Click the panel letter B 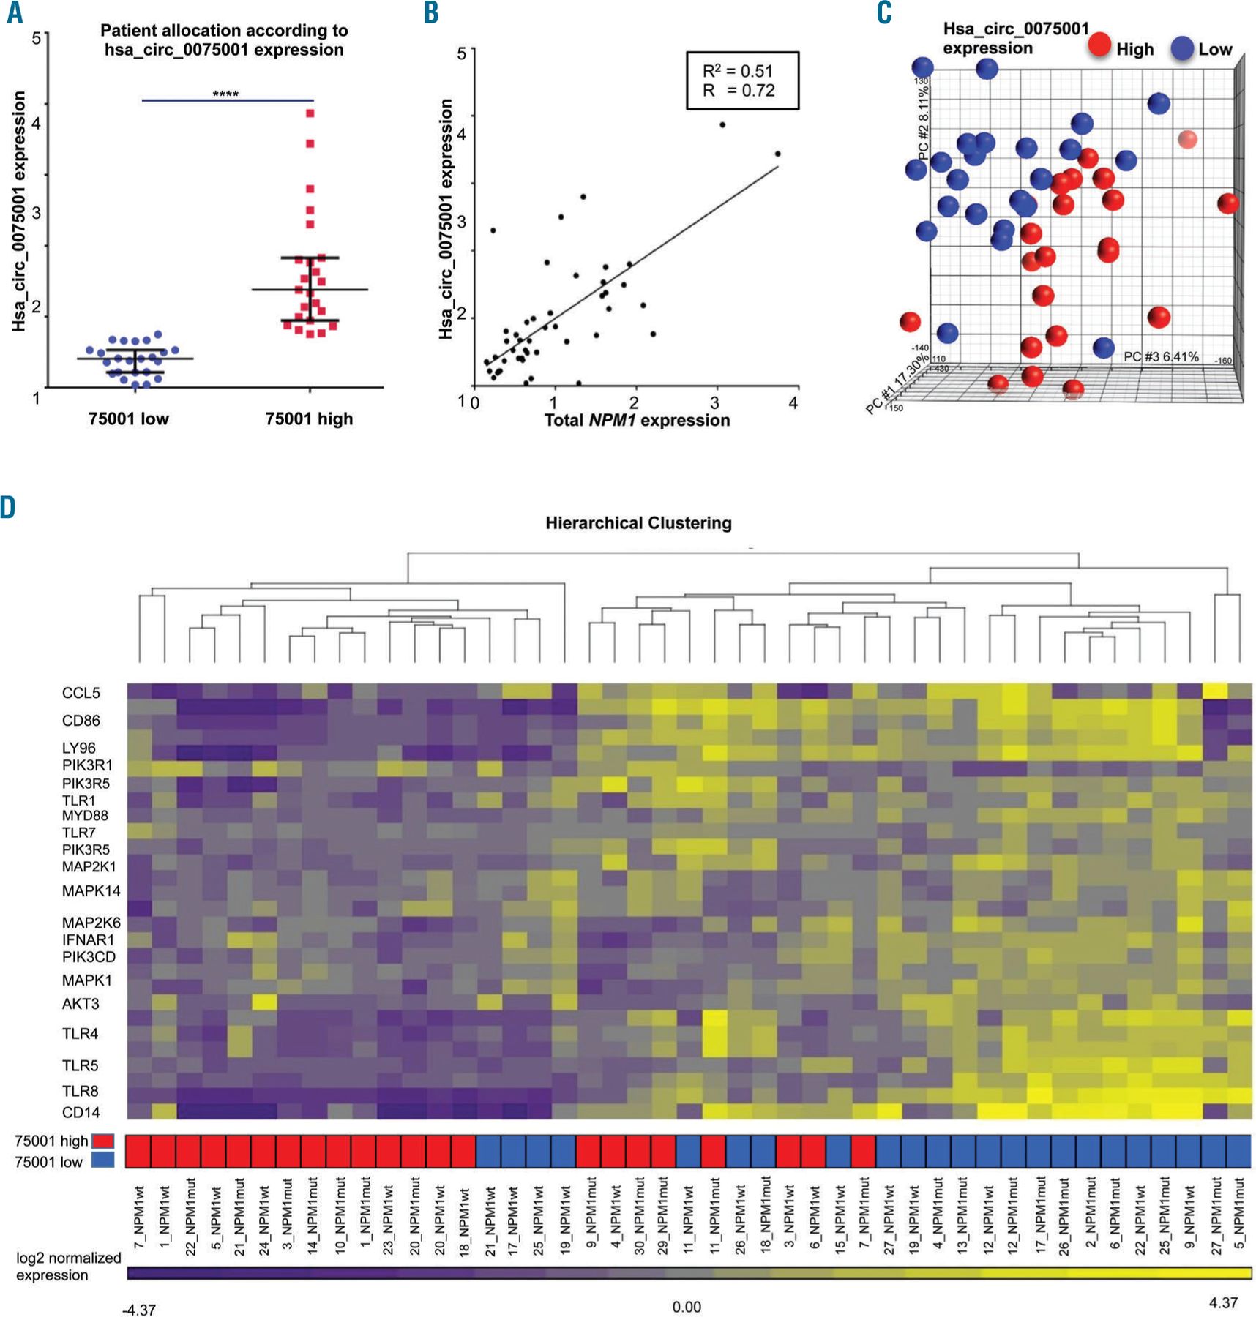431,13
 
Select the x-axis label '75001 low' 128,419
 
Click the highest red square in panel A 310,113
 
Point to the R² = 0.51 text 737,71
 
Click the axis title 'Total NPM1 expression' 637,421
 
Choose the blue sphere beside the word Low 1182,48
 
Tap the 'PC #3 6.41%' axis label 1161,357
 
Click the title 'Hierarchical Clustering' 638,523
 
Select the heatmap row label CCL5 81,693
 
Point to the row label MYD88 85,816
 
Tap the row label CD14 81,1113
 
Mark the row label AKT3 81,1004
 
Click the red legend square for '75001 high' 103,1141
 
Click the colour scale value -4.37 138,1310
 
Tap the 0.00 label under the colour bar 686,1307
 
